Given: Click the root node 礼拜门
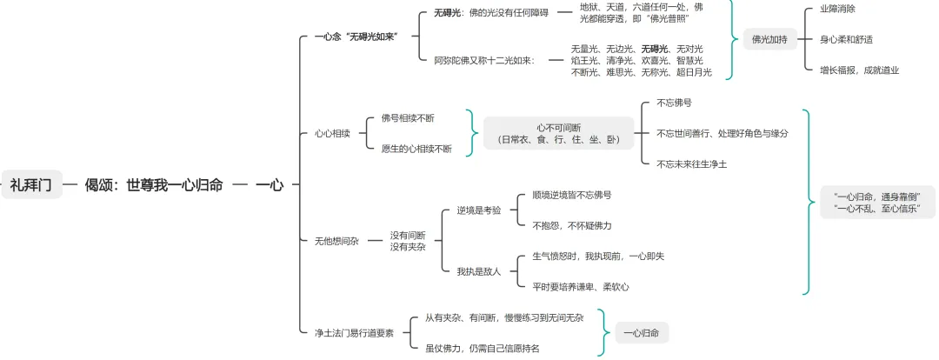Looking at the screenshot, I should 31,184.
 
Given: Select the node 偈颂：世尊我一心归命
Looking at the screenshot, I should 154,184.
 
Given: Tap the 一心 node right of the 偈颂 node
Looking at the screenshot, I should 269,184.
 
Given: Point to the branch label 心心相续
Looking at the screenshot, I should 331,134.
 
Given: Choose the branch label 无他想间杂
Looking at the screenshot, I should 336,241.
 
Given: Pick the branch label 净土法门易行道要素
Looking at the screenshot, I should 354,332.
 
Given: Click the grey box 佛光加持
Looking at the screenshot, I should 769,39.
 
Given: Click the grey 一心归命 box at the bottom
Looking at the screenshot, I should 642,332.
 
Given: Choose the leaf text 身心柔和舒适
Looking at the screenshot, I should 846,39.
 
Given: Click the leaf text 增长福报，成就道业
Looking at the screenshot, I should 859,70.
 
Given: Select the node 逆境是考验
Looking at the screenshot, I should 479,210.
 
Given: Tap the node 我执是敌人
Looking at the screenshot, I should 479,271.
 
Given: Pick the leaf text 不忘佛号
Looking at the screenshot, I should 675,103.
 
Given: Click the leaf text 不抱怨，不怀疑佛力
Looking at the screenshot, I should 572,225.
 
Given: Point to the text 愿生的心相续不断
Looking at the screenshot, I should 416,149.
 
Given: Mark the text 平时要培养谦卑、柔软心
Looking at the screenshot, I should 581,286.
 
